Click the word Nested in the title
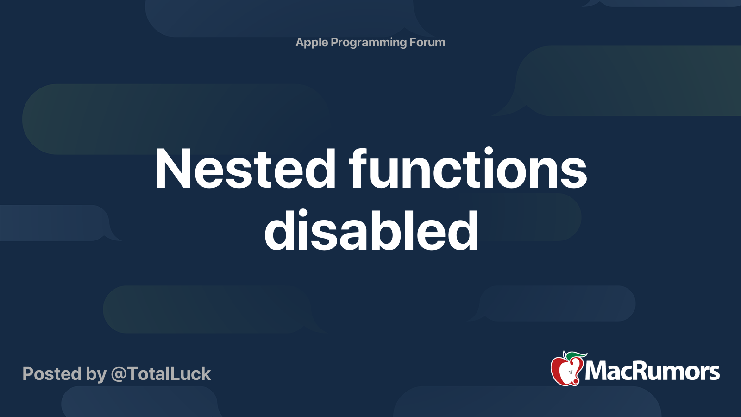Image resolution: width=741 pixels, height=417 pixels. click(245, 169)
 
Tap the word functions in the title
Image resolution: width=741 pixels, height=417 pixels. click(468, 169)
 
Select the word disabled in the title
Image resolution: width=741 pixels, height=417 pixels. click(371, 230)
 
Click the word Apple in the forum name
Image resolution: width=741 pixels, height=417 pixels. click(312, 43)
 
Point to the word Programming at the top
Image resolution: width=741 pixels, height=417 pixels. click(369, 43)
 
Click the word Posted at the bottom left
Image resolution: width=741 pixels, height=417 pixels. click(52, 374)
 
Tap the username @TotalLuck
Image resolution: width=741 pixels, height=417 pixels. click(161, 374)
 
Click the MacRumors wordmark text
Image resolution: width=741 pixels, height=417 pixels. click(652, 372)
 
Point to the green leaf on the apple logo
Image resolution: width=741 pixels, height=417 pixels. click(577, 355)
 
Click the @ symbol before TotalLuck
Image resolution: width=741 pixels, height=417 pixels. click(119, 374)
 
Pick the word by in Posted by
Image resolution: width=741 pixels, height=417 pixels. click(96, 374)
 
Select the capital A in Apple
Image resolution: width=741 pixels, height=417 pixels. click(300, 43)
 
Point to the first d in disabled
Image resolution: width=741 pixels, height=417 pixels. click(280, 230)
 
